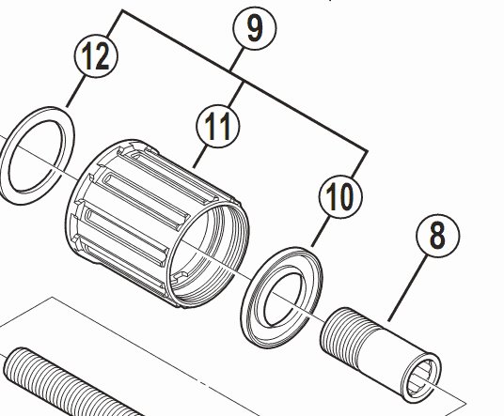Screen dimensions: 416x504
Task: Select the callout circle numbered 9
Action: point(252,29)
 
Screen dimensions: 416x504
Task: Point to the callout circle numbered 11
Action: point(218,128)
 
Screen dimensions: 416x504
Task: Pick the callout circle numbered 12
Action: point(97,56)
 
